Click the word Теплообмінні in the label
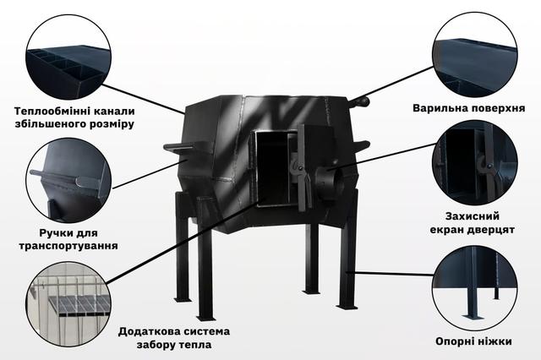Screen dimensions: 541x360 point(48,112)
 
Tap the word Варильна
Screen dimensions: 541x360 point(439,108)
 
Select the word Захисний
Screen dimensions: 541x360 point(473,216)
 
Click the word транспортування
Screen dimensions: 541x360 point(68,246)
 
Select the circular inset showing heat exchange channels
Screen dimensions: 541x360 point(68,57)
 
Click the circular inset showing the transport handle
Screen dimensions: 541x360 point(68,181)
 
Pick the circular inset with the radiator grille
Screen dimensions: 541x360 point(68,304)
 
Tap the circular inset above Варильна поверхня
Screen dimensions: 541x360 point(475,56)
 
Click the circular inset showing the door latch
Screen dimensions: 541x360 point(475,163)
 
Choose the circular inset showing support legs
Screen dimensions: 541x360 point(475,288)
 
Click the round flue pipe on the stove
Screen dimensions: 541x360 point(329,182)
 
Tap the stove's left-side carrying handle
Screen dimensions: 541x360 point(178,148)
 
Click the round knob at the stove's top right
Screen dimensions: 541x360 point(362,101)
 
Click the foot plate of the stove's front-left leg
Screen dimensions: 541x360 point(206,318)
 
